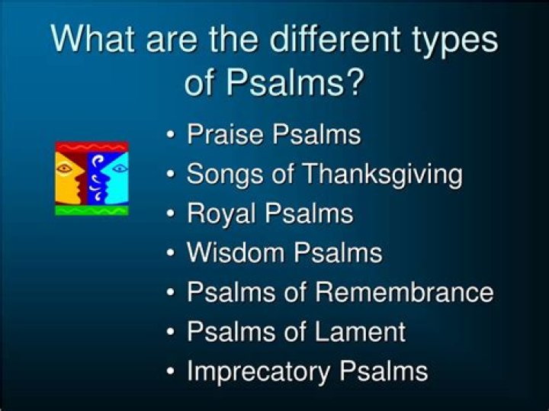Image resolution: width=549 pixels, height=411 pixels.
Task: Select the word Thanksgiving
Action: pyautogui.click(x=382, y=175)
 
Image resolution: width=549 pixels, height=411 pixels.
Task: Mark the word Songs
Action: pyautogui.click(x=222, y=175)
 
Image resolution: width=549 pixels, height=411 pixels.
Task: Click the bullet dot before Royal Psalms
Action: pyautogui.click(x=172, y=214)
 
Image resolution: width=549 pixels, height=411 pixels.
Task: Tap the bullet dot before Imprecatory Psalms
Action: pyautogui.click(x=172, y=371)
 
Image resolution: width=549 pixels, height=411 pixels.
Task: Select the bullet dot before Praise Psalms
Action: pyautogui.click(x=172, y=135)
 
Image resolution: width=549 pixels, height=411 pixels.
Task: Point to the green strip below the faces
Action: pyautogui.click(x=91, y=210)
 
